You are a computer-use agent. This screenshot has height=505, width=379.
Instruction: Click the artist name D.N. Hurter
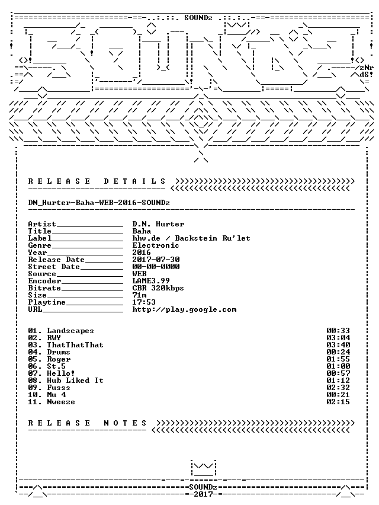(158, 224)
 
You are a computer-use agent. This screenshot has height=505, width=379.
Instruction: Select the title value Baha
(142, 231)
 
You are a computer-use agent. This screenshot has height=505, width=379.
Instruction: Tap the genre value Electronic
(156, 245)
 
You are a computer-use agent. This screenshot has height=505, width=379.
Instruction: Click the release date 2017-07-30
(156, 259)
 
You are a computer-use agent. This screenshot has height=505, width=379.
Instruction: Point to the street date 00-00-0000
(156, 266)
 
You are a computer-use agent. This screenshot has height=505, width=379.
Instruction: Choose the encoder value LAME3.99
(151, 280)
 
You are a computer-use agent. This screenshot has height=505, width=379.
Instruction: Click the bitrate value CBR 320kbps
(158, 287)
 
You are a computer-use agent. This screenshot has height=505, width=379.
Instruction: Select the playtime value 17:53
(144, 302)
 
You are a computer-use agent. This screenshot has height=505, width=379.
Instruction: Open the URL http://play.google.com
(184, 309)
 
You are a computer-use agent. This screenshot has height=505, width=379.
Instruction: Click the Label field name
(40, 238)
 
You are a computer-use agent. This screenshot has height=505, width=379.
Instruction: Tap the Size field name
(37, 295)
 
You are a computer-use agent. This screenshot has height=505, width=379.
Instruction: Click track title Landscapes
(70, 331)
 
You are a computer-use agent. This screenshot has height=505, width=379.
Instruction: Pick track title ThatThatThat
(75, 345)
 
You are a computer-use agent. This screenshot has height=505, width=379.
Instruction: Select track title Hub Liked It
(75, 381)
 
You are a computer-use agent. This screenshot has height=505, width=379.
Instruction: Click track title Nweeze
(61, 402)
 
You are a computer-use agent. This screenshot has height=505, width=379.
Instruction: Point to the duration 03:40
(338, 345)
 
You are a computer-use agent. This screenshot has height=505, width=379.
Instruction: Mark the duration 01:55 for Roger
(338, 359)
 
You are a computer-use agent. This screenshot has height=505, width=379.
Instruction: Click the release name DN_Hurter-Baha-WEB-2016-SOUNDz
(99, 203)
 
